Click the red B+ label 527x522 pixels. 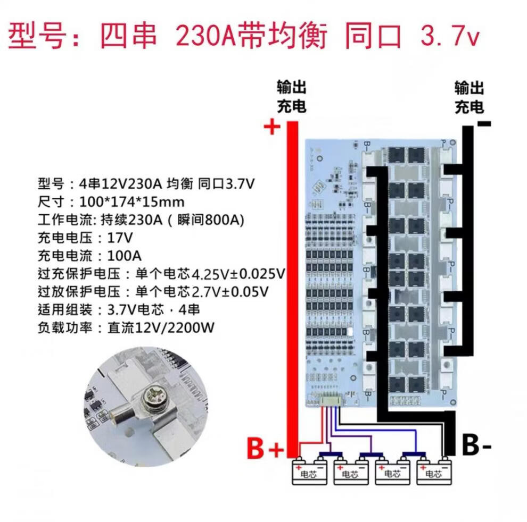(265, 448)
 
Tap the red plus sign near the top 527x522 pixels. (272, 127)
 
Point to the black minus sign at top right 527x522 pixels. (484, 124)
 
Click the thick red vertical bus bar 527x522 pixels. (292, 287)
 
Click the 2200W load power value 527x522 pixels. (191, 327)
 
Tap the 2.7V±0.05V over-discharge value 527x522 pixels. (229, 292)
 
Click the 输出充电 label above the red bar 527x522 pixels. (291, 97)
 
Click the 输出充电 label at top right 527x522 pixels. (469, 97)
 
